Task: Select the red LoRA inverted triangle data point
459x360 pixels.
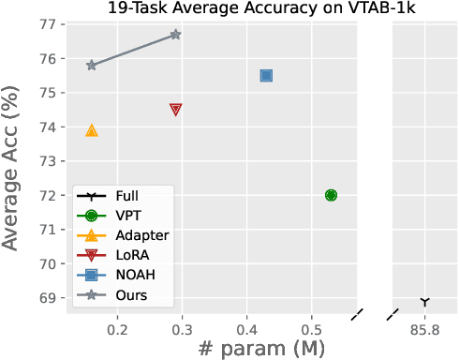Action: (175, 110)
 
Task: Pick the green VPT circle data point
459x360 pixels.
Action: (331, 195)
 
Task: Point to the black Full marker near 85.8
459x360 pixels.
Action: (425, 302)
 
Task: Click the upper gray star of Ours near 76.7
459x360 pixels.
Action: (175, 35)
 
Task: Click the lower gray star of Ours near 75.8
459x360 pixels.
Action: (92, 66)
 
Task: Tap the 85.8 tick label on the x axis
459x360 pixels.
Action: (425, 330)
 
